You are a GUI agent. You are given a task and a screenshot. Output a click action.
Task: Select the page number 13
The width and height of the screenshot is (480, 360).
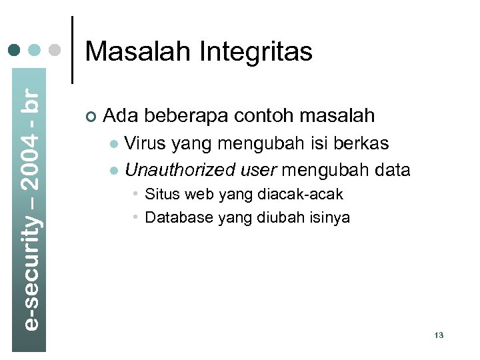click(438, 335)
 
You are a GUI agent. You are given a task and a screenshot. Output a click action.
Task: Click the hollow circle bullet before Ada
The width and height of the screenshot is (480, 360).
click(91, 117)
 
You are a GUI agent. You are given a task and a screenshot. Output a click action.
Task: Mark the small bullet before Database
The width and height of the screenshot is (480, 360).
click(135, 217)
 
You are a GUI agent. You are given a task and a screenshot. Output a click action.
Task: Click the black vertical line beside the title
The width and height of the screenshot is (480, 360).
click(72, 49)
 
